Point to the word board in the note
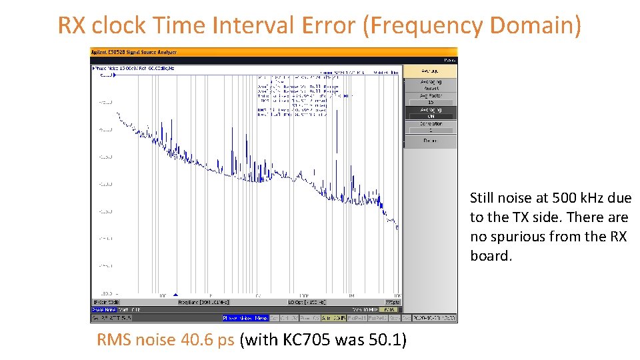click(x=491, y=256)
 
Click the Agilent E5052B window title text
click(x=133, y=51)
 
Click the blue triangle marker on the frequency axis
click(x=175, y=295)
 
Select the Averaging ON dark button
click(x=430, y=113)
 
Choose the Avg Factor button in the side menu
click(x=430, y=99)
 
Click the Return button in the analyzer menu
click(x=430, y=141)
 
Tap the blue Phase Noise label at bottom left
click(x=103, y=309)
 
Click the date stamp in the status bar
click(x=434, y=318)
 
